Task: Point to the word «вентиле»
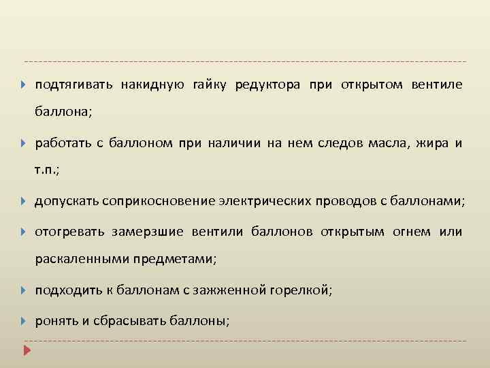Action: point(437,85)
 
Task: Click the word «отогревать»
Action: point(70,232)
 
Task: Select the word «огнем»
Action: point(412,232)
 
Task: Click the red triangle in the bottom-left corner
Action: point(27,350)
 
